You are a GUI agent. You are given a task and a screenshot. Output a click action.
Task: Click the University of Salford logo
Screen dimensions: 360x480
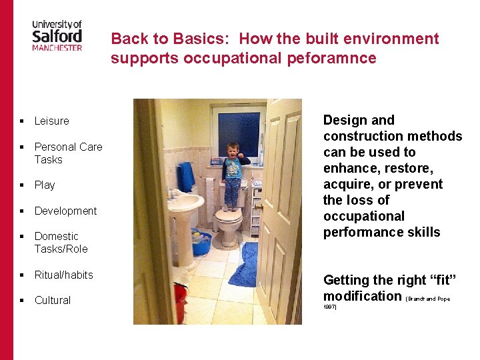(x=57, y=35)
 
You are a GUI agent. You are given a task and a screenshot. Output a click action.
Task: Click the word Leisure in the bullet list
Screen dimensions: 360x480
(x=51, y=121)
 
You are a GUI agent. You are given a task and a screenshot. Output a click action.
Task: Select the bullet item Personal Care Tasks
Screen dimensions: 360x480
(x=68, y=153)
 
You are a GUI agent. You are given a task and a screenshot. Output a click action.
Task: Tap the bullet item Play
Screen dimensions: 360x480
(x=45, y=185)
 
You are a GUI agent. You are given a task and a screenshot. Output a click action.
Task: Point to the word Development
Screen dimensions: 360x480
(x=65, y=211)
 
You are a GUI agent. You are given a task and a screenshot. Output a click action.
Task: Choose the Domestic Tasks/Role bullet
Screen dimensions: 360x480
(x=61, y=243)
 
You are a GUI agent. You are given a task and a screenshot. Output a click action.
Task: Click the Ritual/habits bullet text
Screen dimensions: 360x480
(x=63, y=275)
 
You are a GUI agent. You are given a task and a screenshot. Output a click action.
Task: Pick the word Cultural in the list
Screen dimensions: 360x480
(x=52, y=300)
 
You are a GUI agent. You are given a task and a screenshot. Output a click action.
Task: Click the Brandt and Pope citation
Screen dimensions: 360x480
(x=427, y=299)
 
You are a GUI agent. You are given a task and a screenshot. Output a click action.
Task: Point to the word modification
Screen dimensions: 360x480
(x=362, y=296)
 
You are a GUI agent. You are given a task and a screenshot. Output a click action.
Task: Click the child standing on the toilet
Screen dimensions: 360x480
(x=233, y=173)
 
